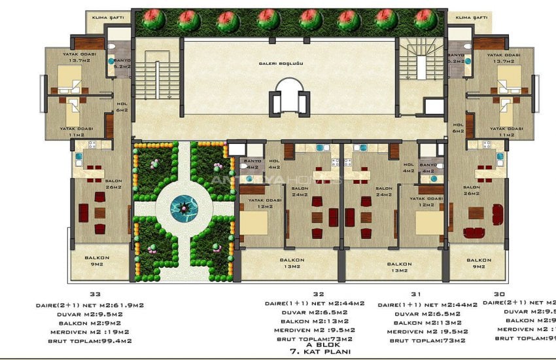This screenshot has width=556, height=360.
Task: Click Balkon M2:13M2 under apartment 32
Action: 319,321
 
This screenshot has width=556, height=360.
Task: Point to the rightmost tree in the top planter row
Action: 426,19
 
